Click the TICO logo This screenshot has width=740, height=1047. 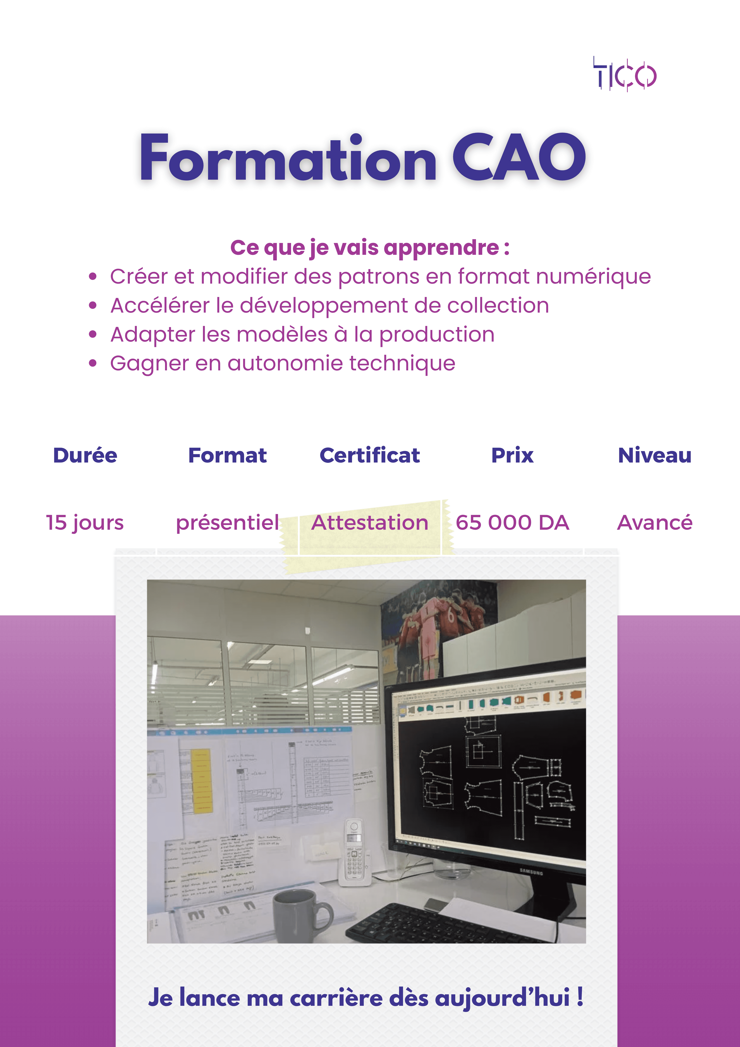[625, 74]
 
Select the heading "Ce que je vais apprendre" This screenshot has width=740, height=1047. [369, 248]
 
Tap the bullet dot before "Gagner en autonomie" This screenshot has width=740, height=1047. [93, 363]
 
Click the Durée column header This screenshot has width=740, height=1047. [85, 455]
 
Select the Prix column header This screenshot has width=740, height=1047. [512, 455]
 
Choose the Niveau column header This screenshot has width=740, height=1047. [654, 455]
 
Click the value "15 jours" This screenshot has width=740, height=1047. [85, 523]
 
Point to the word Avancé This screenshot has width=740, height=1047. [654, 523]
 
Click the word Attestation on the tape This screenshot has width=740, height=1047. [370, 523]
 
